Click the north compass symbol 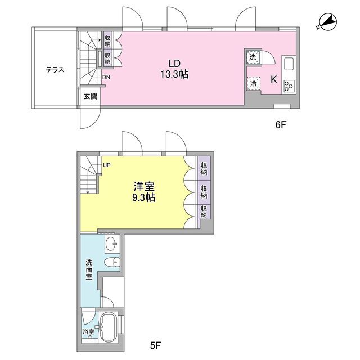tap(327, 22)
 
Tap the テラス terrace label tap(55, 70)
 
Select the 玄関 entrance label tap(91, 96)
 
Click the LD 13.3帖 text tap(174, 69)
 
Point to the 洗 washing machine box tap(253, 57)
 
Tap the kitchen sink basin tap(289, 64)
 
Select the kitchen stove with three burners tap(289, 86)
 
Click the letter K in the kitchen tap(273, 79)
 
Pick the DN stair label tap(106, 78)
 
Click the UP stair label tap(107, 165)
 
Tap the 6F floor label tap(281, 125)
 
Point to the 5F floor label tap(156, 345)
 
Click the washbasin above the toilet tap(112, 244)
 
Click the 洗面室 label tap(89, 269)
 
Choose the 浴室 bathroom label tap(89, 331)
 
